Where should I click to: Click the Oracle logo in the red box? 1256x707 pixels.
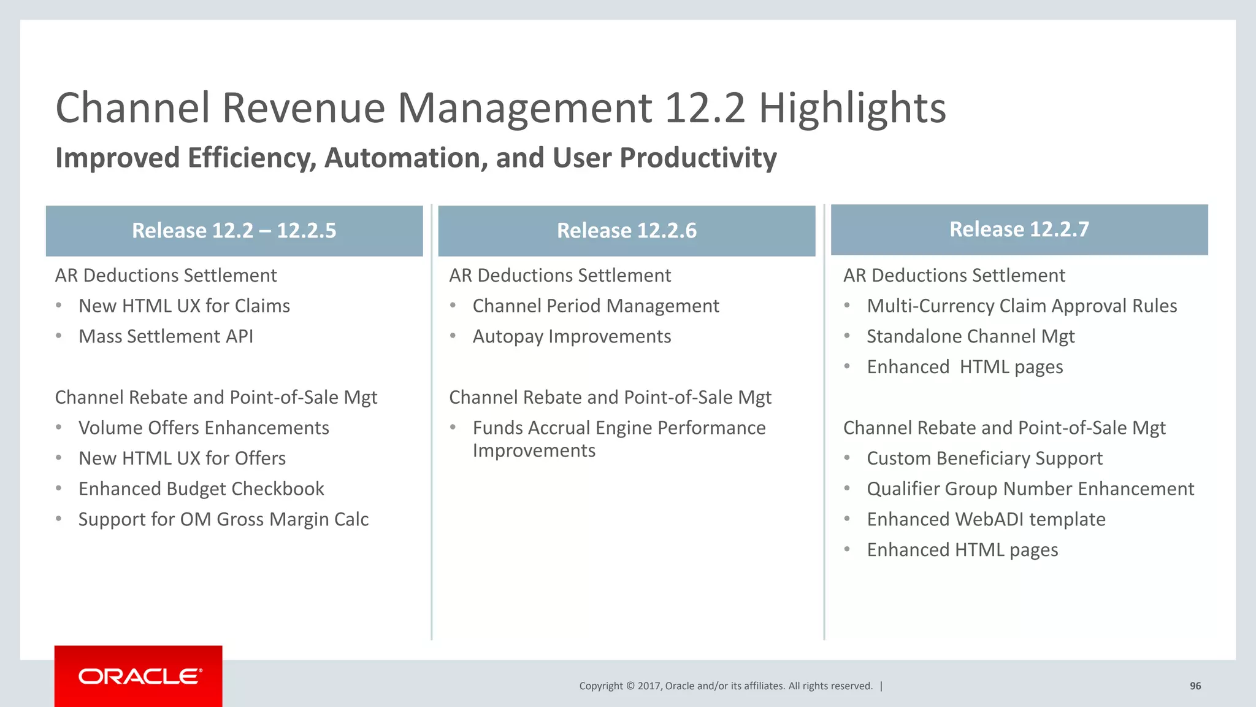click(140, 676)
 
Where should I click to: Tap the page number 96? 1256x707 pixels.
click(1195, 686)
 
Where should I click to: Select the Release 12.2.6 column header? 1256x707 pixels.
click(626, 231)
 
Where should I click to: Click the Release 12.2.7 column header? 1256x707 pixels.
click(1019, 230)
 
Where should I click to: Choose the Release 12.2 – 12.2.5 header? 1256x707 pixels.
click(234, 231)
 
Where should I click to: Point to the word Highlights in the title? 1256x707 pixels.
click(852, 108)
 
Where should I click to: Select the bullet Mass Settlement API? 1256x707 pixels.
click(166, 336)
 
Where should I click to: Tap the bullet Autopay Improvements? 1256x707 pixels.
click(572, 336)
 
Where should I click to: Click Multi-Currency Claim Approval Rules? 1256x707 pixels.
click(1022, 306)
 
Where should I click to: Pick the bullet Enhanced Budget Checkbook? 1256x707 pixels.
click(201, 489)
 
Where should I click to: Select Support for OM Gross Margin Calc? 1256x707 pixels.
click(223, 519)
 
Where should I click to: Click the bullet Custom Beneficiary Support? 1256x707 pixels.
click(984, 458)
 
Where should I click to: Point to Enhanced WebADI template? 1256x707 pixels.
click(986, 519)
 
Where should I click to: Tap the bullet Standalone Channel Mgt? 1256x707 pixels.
click(970, 336)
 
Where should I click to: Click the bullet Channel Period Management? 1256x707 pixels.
click(595, 306)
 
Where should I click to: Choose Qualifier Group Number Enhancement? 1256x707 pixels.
click(1030, 489)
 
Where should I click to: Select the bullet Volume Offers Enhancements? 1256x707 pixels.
click(204, 428)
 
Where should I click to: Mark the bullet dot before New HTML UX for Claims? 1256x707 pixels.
click(59, 305)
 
